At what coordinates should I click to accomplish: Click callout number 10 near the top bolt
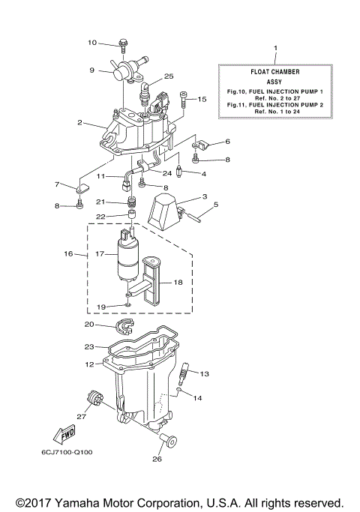pos(92,43)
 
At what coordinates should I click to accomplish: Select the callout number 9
pos(92,70)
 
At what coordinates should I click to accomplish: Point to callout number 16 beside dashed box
pos(68,255)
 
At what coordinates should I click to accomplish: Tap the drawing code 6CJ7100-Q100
pos(67,452)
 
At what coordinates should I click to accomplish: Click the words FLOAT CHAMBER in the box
pos(274,72)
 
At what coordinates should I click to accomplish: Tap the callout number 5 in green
pos(216,203)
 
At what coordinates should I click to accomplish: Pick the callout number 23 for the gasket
pos(90,347)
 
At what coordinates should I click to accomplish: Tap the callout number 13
pos(204,373)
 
